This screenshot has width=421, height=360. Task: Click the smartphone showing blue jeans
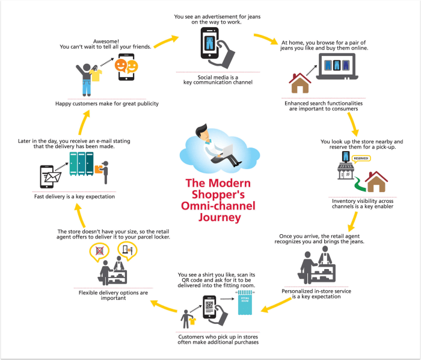coord(209,45)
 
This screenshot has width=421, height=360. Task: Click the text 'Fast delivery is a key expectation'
coord(75,196)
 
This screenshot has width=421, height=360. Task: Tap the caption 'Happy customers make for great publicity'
coord(106,104)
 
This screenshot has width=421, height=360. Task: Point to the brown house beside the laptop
coord(300,83)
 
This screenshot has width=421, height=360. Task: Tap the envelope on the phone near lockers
coord(51,177)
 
